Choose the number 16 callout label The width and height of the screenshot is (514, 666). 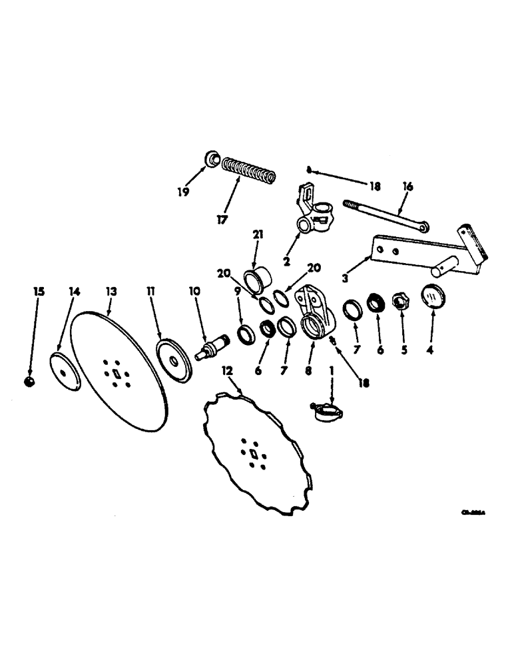tap(407, 187)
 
